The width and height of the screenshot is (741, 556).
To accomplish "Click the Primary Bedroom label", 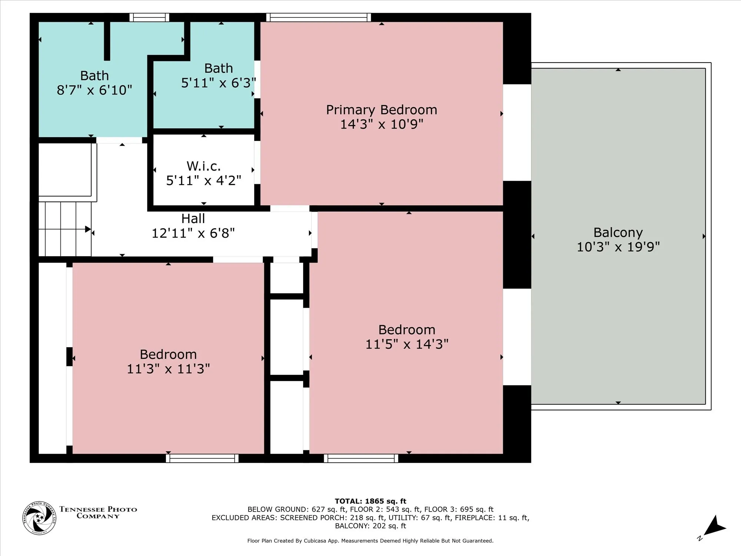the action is [x=382, y=110].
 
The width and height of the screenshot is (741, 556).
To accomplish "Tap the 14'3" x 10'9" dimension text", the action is [x=382, y=124].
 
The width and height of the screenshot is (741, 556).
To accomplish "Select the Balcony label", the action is [x=618, y=233].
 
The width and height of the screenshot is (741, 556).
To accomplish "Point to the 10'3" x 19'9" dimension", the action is [x=618, y=247].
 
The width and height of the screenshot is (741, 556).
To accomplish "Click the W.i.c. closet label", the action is [x=204, y=166].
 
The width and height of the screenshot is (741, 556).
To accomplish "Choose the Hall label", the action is [x=193, y=219].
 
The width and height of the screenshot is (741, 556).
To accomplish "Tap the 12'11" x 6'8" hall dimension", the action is [x=193, y=233].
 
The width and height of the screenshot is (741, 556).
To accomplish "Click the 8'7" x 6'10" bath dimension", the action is [x=94, y=90].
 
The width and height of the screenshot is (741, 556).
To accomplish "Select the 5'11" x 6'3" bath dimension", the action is [x=219, y=83].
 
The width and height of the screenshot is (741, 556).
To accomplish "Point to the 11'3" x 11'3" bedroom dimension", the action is [x=168, y=369].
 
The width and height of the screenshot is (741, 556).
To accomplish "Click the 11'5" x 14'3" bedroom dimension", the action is [x=407, y=344].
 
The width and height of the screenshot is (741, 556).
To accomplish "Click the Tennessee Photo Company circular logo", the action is [x=39, y=518].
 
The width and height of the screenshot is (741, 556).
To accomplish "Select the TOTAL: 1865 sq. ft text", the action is [x=370, y=501].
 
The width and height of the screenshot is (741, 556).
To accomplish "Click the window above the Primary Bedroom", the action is [x=319, y=17].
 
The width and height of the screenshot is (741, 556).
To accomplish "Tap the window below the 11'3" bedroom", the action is [x=202, y=459].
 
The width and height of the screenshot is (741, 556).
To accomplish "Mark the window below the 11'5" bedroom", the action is [x=361, y=459].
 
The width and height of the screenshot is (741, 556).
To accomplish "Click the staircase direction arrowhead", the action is [x=88, y=229].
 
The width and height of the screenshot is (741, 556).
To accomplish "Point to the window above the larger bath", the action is [x=149, y=17].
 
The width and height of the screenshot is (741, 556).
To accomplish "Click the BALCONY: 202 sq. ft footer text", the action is [x=370, y=526].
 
